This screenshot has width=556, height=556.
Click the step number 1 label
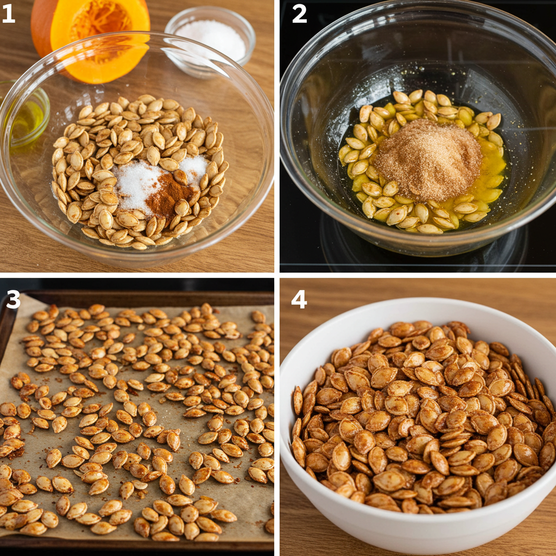[x=8, y=15]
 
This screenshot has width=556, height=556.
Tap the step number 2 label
[x=299, y=15]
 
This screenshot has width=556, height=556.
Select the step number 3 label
[x=13, y=299]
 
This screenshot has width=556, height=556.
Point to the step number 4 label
[x=299, y=299]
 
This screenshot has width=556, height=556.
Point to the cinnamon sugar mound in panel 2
[x=427, y=160]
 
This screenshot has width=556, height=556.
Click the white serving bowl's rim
[x=418, y=301]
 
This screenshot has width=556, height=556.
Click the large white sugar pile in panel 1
[x=136, y=185]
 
